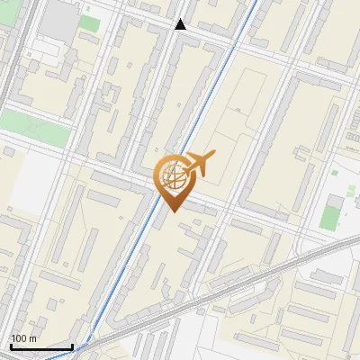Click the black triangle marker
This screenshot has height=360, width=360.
click(181, 24)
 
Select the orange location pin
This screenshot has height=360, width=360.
click(173, 180)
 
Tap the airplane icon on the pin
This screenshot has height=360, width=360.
click(199, 163)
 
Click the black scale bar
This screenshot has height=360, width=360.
click(40, 346)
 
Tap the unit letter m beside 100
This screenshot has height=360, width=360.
click(31, 338)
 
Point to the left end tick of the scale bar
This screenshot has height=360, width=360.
click(10, 346)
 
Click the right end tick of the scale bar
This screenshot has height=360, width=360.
click(72, 346)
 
